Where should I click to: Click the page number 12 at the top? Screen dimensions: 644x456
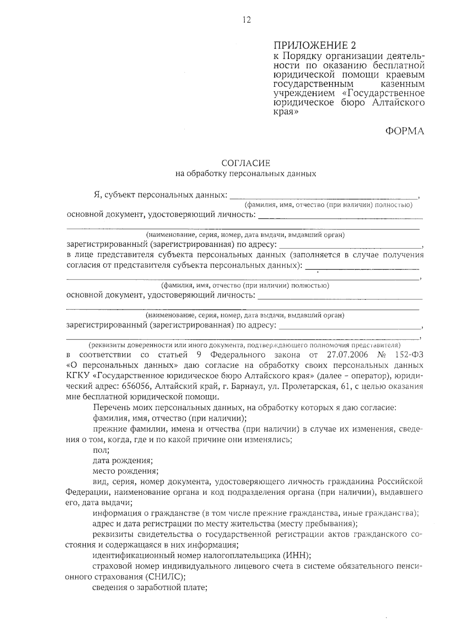(x=247, y=20)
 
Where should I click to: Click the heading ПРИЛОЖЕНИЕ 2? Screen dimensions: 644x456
(x=315, y=46)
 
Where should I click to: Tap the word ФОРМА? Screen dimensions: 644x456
(x=404, y=131)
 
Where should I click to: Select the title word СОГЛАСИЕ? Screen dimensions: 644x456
(x=246, y=163)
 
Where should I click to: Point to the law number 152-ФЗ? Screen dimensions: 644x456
(x=408, y=355)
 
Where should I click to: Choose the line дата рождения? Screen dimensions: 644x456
(x=123, y=461)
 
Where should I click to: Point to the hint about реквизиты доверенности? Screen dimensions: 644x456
(x=244, y=345)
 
